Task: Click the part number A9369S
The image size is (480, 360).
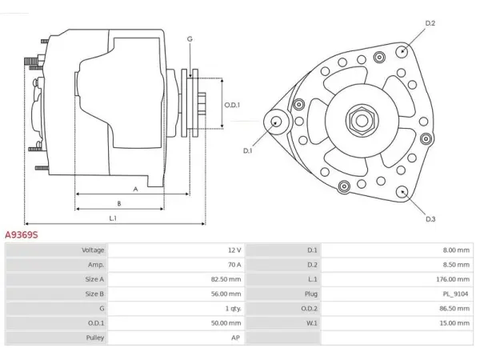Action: pyautogui.click(x=22, y=234)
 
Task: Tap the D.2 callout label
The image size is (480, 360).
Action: pyautogui.click(x=430, y=23)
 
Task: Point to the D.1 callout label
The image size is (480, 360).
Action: pyautogui.click(x=247, y=150)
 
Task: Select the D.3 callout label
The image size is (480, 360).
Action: pyautogui.click(x=430, y=219)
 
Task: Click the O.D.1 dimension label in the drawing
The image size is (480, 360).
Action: pyautogui.click(x=232, y=105)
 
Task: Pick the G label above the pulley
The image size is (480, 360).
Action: pyautogui.click(x=190, y=39)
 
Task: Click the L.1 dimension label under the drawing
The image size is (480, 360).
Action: pyautogui.click(x=113, y=218)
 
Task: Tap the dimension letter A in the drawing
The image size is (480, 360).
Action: pyautogui.click(x=136, y=189)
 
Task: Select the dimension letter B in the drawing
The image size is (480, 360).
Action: pyautogui.click(x=119, y=203)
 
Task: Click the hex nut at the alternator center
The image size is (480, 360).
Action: pyautogui.click(x=362, y=120)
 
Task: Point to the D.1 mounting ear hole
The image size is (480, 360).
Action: pyautogui.click(x=277, y=122)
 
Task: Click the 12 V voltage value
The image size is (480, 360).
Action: pyautogui.click(x=234, y=250)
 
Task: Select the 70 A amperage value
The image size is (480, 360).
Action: pyautogui.click(x=234, y=265)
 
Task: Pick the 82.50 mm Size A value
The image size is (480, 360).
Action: pyautogui.click(x=226, y=279)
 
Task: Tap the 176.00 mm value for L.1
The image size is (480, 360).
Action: pyautogui.click(x=453, y=279)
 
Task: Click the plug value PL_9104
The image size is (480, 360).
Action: pyautogui.click(x=455, y=294)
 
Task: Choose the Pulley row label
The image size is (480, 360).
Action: pyautogui.click(x=95, y=338)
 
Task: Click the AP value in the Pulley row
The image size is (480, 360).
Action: pyautogui.click(x=235, y=338)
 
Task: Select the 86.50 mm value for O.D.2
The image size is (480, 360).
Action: pyautogui.click(x=454, y=309)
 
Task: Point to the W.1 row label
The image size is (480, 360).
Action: pyautogui.click(x=312, y=323)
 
